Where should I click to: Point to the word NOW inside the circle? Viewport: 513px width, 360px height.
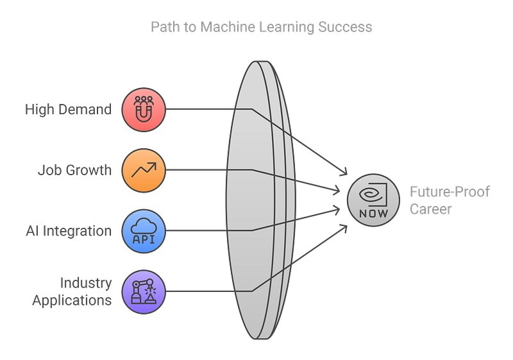[x=371, y=212]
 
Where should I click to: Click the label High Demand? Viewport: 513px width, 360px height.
[x=68, y=110]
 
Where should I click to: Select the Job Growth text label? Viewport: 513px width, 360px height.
[x=75, y=170]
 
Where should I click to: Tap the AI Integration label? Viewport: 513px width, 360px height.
[x=68, y=230]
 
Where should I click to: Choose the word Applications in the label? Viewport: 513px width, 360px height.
[x=72, y=299]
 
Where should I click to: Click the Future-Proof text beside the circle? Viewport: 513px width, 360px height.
[x=450, y=191]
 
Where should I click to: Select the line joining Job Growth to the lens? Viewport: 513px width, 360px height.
[x=196, y=170]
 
